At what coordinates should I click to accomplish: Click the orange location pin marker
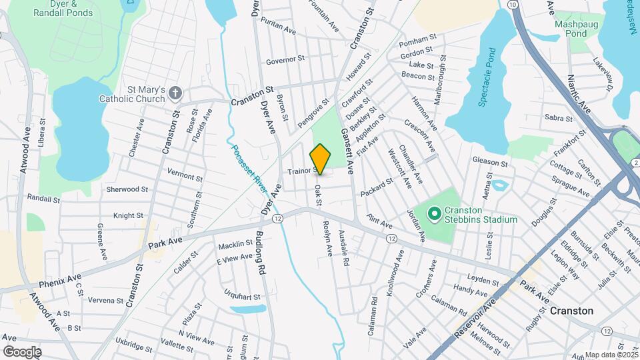tap(321, 159)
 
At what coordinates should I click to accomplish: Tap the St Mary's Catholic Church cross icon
tap(175, 93)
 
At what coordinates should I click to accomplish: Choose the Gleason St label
tap(490, 162)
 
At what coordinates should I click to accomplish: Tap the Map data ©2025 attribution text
tap(610, 355)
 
